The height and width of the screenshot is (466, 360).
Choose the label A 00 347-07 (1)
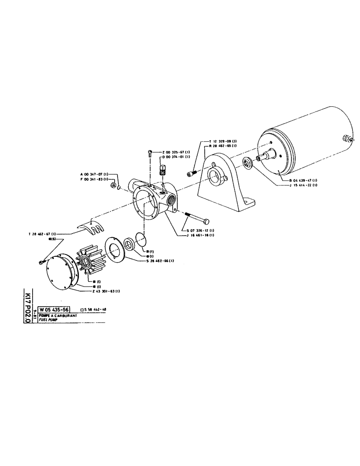(94, 174)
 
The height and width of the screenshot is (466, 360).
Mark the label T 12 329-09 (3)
(223, 141)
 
